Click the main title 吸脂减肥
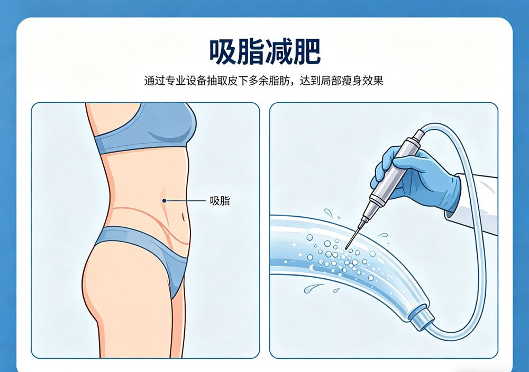tap(264, 52)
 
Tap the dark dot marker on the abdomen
tap(165, 201)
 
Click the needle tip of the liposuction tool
tap(346, 247)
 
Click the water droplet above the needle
tap(329, 213)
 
